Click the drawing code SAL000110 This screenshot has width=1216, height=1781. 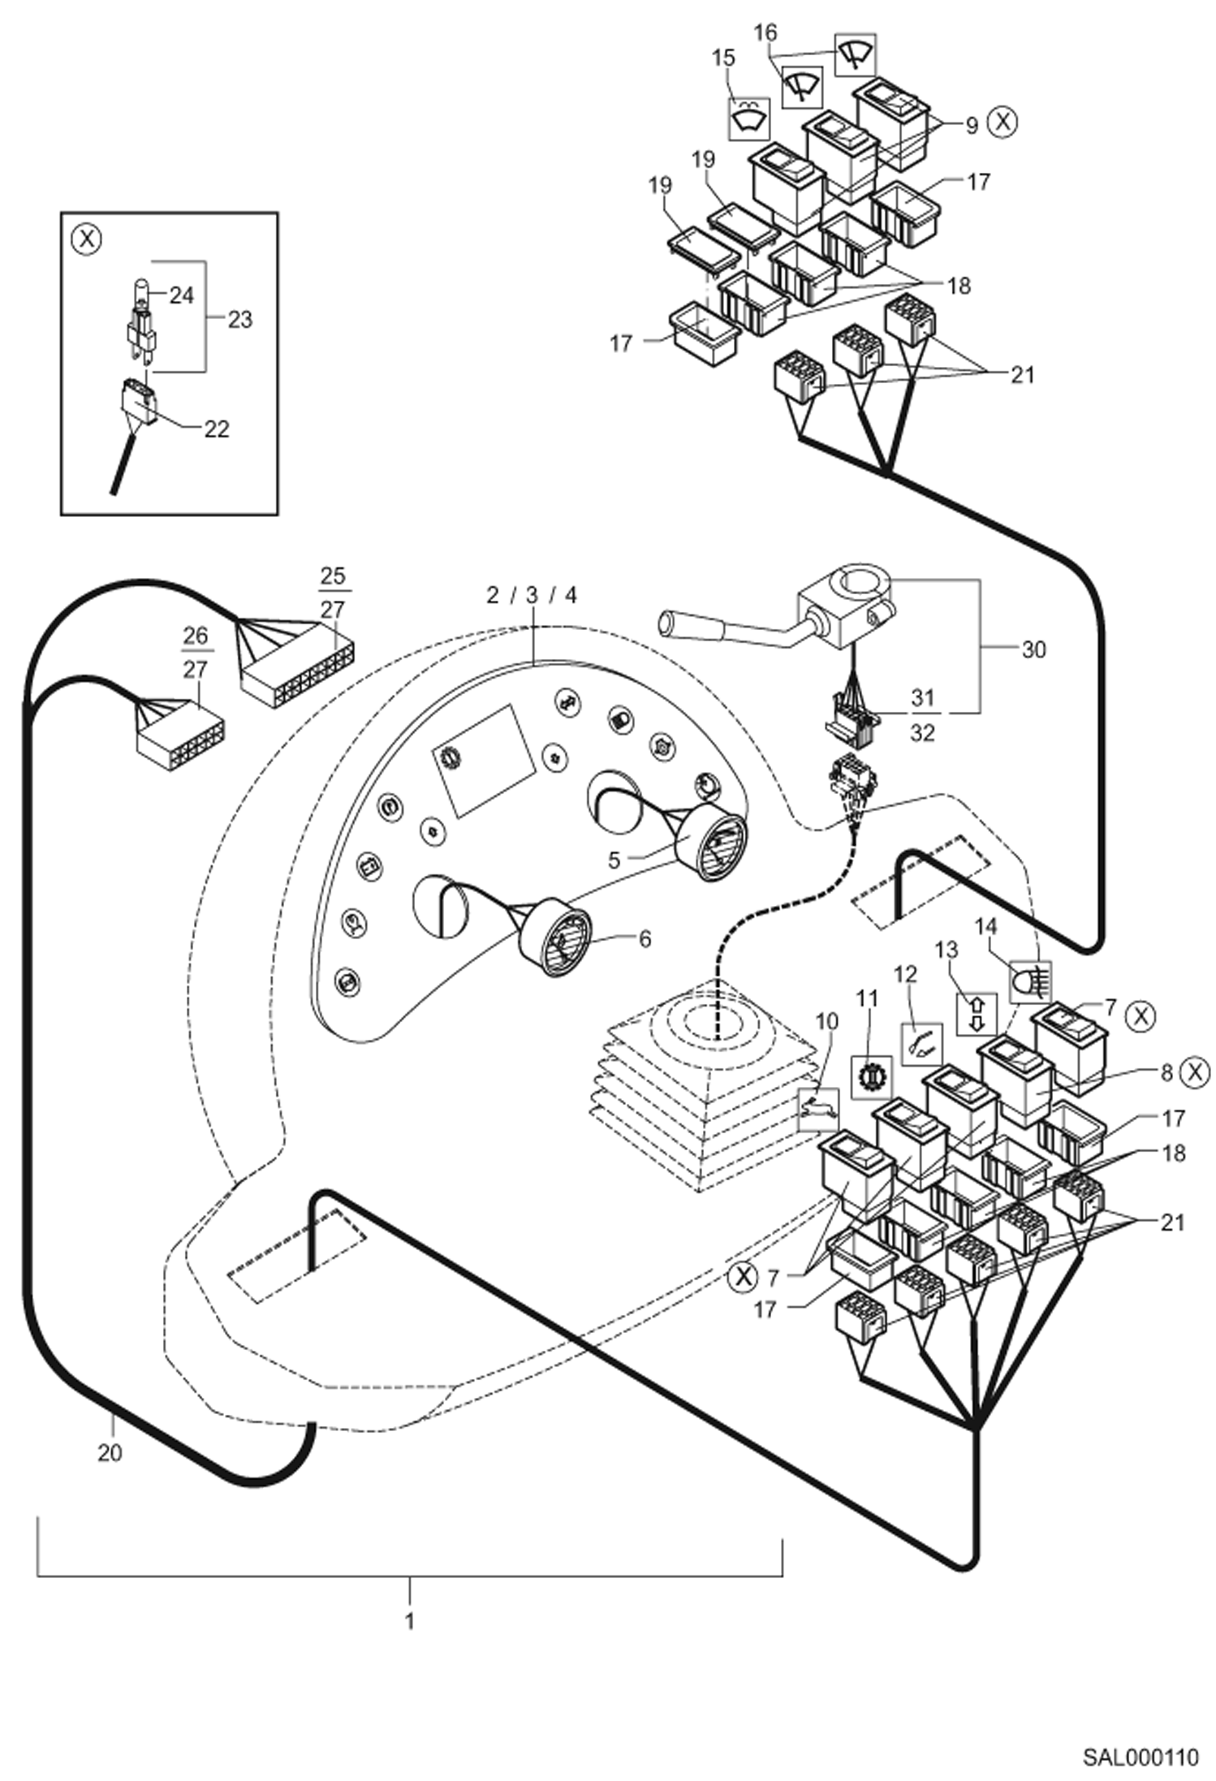1140,1757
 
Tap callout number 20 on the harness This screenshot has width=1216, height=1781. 110,1453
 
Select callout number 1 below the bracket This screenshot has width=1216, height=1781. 409,1621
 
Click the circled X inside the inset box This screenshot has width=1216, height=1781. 86,239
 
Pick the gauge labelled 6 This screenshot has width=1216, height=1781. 557,938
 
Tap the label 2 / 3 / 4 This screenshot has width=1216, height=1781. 532,595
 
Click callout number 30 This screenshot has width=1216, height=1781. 1033,649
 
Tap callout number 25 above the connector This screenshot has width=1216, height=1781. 333,576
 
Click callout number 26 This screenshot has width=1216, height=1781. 196,635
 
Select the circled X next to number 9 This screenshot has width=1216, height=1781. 1003,122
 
